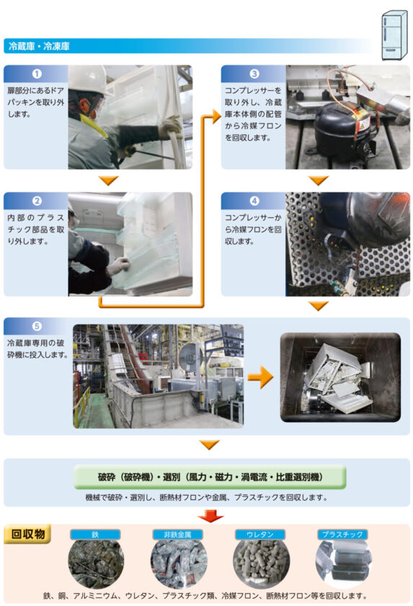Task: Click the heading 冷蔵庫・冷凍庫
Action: [39, 47]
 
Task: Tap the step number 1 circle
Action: [36, 74]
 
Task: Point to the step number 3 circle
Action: [254, 74]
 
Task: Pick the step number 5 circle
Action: [36, 325]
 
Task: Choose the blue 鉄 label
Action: [95, 535]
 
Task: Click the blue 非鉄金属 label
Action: [177, 535]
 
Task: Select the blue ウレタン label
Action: [260, 535]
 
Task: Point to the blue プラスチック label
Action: [342, 535]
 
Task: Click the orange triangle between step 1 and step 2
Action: [109, 180]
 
